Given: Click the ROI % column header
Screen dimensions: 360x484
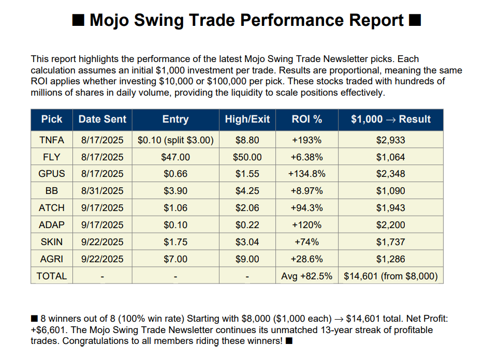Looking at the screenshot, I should [307, 119].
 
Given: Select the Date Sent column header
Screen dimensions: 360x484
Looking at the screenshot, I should [102, 119].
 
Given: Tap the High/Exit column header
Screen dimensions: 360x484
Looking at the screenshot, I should [247, 119].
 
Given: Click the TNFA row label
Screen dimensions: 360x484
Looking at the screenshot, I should [52, 140].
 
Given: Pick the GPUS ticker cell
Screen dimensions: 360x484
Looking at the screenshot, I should [52, 174].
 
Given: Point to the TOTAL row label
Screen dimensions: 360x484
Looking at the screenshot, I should [52, 276].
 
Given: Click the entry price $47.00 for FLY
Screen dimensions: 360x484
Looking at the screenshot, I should [175, 157].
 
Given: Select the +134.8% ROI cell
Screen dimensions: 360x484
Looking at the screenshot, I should [307, 174].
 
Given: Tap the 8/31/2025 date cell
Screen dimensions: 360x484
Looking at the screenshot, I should [102, 191].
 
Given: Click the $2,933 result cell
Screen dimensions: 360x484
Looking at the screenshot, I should [391, 140].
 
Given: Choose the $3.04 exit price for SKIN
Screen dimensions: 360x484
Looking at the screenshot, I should [247, 242].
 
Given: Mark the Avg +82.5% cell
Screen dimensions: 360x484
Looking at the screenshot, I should [307, 276].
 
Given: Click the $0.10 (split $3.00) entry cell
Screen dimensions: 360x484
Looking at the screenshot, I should [175, 140].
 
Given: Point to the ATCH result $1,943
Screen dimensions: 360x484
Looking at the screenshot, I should [391, 208].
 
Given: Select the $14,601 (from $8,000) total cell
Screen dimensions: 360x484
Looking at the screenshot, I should [391, 276].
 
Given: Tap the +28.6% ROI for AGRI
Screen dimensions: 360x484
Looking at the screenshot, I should [307, 259].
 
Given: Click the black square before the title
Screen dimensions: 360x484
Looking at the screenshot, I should [78, 21].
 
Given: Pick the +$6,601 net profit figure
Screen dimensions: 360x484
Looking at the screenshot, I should [48, 330].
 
